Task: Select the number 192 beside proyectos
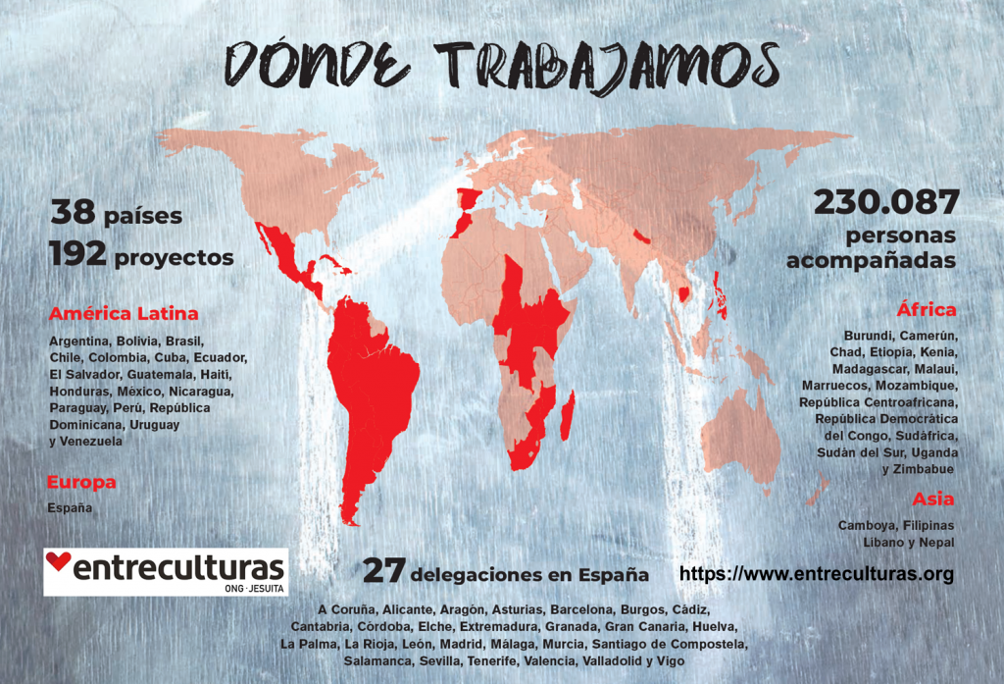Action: tap(77, 256)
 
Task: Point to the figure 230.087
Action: tap(885, 203)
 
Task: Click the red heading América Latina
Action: tap(124, 314)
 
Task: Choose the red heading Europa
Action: tap(81, 482)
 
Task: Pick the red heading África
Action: tap(926, 310)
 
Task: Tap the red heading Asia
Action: tap(932, 499)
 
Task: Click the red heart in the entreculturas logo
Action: tap(59, 562)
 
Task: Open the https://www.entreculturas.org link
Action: tap(816, 574)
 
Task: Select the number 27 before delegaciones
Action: tap(384, 571)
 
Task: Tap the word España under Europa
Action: tap(70, 508)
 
